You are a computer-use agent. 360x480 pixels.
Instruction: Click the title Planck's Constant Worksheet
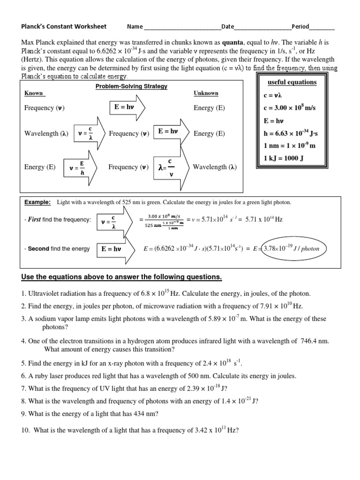[64, 26]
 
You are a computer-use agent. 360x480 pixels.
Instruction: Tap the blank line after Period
[322, 28]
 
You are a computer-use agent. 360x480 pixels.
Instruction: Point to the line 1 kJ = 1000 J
[284, 158]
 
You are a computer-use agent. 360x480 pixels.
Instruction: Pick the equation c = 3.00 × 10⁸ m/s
[290, 108]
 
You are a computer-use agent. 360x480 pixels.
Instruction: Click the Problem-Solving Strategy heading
[131, 86]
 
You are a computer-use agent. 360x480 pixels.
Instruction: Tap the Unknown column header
[206, 93]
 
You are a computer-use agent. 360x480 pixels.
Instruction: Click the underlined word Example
[37, 202]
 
